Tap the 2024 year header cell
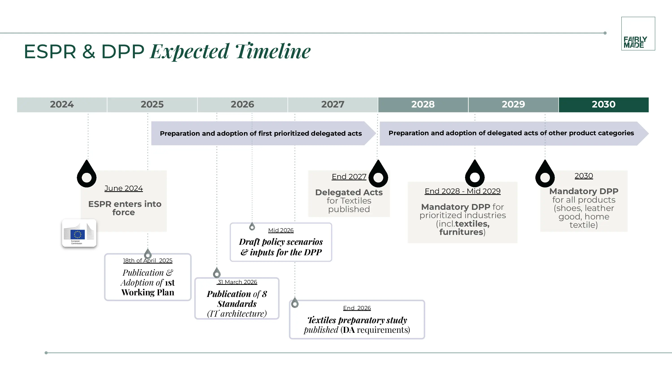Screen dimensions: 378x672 click(x=62, y=105)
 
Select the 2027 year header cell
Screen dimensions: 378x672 click(x=333, y=105)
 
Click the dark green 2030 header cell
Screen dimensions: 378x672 click(x=603, y=105)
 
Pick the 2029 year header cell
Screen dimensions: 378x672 click(x=513, y=105)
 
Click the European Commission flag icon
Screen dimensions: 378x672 click(x=79, y=233)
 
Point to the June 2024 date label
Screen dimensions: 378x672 click(x=123, y=188)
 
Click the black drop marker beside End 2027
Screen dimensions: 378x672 click(x=378, y=174)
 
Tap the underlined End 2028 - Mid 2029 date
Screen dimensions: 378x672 click(x=463, y=191)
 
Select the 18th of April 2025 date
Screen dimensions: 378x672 click(x=148, y=261)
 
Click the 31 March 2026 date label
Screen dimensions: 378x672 click(x=237, y=282)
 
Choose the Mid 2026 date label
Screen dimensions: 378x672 click(x=281, y=230)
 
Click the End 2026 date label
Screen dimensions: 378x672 click(x=357, y=308)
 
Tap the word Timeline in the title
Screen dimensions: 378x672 click(x=273, y=51)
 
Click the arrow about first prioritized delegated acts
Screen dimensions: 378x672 click(x=261, y=133)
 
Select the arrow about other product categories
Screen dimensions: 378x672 click(x=511, y=133)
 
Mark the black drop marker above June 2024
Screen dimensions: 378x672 click(x=87, y=174)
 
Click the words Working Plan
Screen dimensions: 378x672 click(x=148, y=292)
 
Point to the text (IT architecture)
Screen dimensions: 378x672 click(x=237, y=313)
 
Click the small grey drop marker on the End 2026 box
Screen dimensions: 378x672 click(x=295, y=303)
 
